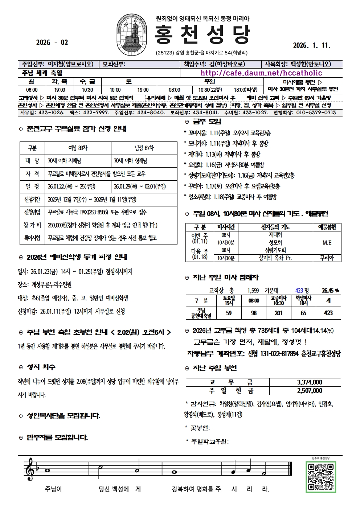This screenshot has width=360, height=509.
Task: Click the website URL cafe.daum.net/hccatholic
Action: click(x=261, y=73)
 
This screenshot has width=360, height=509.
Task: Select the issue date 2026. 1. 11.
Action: click(x=312, y=45)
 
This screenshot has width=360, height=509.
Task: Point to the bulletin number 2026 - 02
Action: click(x=52, y=42)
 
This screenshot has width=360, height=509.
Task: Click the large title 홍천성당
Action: click(x=202, y=34)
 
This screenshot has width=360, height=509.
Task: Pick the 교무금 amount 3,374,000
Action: click(x=309, y=382)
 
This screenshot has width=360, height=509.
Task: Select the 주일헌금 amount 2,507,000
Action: click(x=309, y=390)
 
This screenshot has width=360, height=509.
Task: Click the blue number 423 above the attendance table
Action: click(x=299, y=290)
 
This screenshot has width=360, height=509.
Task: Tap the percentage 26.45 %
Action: click(x=330, y=290)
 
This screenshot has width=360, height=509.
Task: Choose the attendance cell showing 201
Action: click(x=278, y=313)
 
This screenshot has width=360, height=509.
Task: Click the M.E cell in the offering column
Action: click(x=327, y=243)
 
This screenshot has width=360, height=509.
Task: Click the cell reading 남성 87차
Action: click(x=144, y=148)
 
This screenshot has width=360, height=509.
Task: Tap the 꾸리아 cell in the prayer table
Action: click(x=327, y=258)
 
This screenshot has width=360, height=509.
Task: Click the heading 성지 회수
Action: click(x=41, y=367)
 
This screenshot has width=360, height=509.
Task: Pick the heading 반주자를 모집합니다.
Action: click(x=57, y=438)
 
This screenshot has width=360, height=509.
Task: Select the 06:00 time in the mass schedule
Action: click(x=32, y=90)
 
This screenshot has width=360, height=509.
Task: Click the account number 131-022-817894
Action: click(x=279, y=353)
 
